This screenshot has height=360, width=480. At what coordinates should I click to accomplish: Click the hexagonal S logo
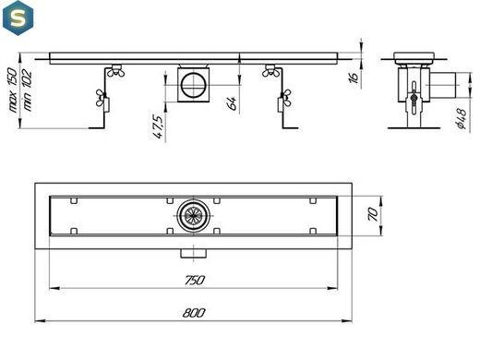(x=18, y=18)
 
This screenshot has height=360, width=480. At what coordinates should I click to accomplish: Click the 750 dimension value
(x=195, y=280)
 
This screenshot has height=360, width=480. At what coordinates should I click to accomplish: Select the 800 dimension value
(x=194, y=313)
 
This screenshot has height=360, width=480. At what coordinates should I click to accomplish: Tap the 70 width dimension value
(x=373, y=214)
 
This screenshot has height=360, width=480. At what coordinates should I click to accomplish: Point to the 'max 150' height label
(x=12, y=90)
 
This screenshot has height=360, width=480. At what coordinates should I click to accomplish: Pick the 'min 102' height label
(x=27, y=90)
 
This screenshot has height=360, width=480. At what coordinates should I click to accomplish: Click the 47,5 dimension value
(x=158, y=126)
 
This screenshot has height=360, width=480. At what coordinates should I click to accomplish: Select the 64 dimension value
(x=233, y=103)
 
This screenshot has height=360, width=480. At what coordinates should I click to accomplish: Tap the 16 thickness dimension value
(x=354, y=77)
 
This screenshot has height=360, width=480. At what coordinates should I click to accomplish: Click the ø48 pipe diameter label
(x=462, y=119)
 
